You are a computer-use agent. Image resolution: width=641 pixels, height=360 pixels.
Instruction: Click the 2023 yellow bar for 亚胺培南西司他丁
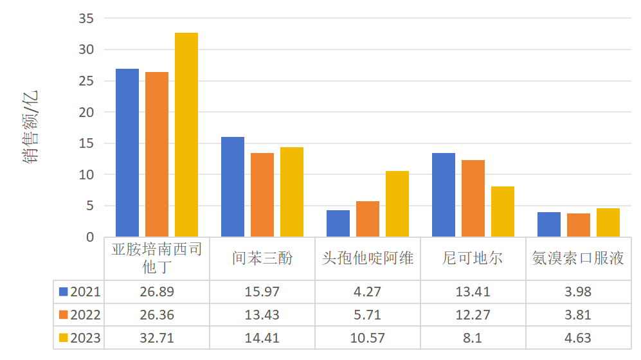(x=186, y=135)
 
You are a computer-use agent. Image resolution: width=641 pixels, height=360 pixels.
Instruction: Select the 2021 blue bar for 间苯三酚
(x=233, y=187)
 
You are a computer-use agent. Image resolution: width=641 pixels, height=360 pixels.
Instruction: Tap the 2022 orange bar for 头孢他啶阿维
(x=368, y=219)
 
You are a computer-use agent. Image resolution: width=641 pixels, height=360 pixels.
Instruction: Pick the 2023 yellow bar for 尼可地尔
(x=503, y=212)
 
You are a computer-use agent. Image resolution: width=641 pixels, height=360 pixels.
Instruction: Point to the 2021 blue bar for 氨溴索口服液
(x=549, y=224)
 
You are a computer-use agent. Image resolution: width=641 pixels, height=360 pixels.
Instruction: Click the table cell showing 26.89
(x=157, y=292)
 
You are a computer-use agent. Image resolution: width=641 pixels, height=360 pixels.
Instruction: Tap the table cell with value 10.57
(x=368, y=338)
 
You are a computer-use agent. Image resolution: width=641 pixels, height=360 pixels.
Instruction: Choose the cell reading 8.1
(x=473, y=338)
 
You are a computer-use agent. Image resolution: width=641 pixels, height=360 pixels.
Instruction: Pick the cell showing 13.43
(x=262, y=315)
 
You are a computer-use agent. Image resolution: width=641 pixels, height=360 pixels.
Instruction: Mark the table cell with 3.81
(x=579, y=315)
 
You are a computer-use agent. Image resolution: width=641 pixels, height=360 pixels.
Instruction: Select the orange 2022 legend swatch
(x=64, y=315)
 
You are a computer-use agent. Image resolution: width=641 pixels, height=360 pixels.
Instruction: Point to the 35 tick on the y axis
(x=86, y=19)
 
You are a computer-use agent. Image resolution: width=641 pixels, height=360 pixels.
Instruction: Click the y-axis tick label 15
(x=86, y=143)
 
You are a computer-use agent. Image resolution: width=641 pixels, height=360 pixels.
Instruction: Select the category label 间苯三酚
(x=262, y=258)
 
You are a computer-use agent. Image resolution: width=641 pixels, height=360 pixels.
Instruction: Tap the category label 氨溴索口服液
(x=579, y=258)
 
